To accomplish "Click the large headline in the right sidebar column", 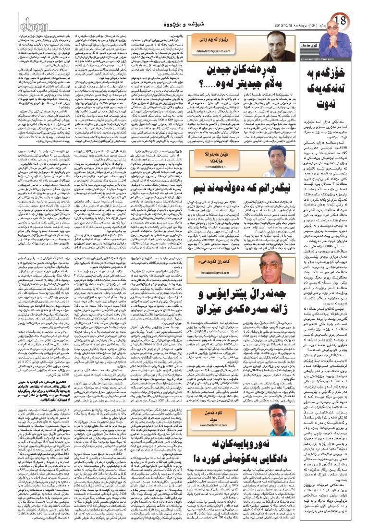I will click(x=332, y=96).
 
